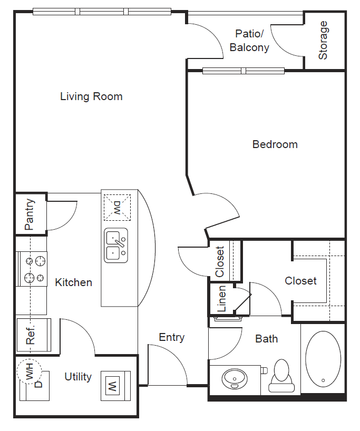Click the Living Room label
point(91,96)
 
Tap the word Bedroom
point(275,144)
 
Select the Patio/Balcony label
point(249,41)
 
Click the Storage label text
point(323,40)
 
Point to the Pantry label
point(30,214)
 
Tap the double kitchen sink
point(116,246)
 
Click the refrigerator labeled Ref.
point(32,335)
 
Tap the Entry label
point(172,337)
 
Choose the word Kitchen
point(74,282)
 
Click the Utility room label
point(78,377)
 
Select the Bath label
point(266,339)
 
